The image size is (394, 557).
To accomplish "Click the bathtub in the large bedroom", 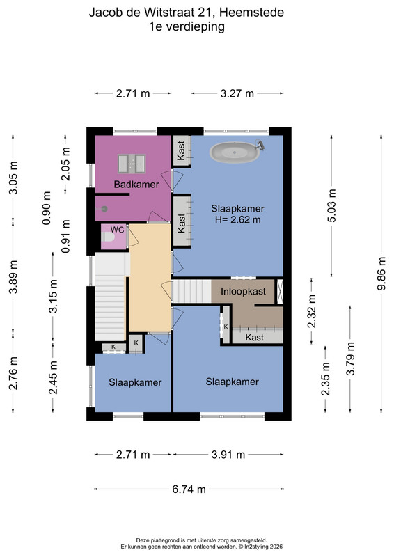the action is tap(234, 152).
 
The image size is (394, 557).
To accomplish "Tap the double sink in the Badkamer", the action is tap(132, 164).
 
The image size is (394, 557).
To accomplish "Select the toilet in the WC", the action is tap(107, 237).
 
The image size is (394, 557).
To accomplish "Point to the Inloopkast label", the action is tap(243, 292).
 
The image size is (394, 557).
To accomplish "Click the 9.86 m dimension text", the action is tap(381, 273).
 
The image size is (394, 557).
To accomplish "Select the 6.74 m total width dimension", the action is tap(189, 489).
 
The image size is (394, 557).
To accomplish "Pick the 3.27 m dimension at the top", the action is tap(237, 93).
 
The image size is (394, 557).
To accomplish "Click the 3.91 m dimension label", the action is tap(228, 455).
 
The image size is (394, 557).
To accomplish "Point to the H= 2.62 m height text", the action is tap(237, 219).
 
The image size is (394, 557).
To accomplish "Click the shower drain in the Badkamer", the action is tap(104, 209).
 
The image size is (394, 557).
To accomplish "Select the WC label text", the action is tap(117, 230).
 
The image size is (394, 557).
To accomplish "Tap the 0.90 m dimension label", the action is tap(47, 208).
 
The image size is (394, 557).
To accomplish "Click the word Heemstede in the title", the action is tap(251, 13).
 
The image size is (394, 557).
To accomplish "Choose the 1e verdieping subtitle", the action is tap(187, 26).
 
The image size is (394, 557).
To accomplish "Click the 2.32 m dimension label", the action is tap(312, 311).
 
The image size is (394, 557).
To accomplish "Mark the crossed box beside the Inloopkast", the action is tap(280, 292).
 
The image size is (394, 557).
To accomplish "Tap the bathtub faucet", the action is tap(260, 145).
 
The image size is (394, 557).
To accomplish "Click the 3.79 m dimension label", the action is tap(350, 359).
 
